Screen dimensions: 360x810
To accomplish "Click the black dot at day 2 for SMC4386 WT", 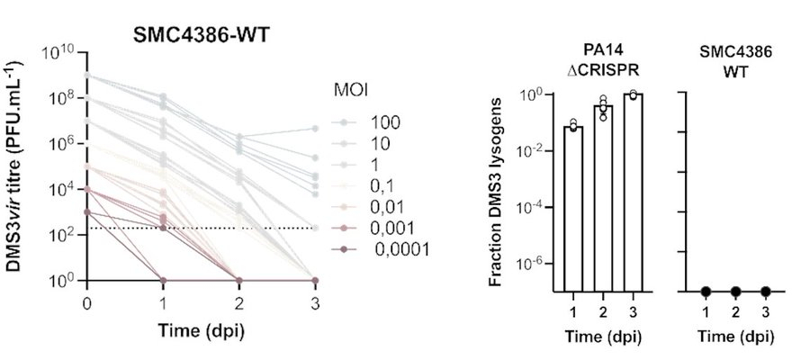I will click(736, 292).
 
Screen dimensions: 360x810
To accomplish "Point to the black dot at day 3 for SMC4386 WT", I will click(766, 292).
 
